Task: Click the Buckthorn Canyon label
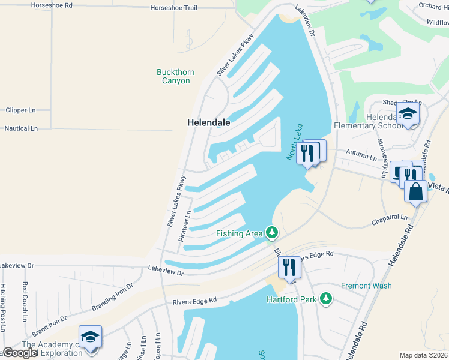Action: point(175,76)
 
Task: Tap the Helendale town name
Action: point(209,122)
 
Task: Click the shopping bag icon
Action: point(415,192)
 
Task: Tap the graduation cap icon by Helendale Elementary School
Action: point(408,114)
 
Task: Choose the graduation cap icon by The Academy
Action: point(90,337)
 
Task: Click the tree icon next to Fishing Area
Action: point(272,232)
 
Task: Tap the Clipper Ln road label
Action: point(20,110)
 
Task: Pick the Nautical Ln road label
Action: point(21,128)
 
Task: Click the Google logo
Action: point(19,353)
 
